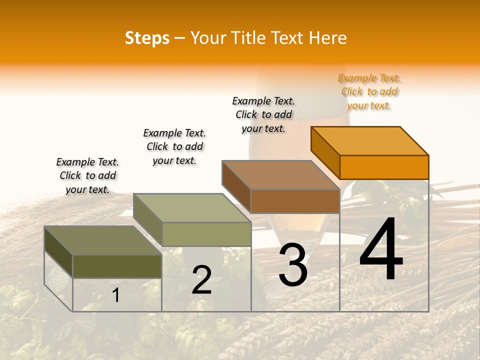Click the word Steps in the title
point(147,38)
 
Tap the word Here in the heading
point(327,38)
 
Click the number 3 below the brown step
point(293,265)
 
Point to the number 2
point(201,280)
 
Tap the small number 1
point(115,295)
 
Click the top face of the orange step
point(370,140)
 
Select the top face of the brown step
point(281,175)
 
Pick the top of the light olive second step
point(192,208)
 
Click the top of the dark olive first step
point(103,240)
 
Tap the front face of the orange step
point(384,167)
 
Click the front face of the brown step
point(295,201)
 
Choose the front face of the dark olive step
point(117,266)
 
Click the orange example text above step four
point(369,92)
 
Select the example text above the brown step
point(263,114)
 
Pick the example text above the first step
point(87,175)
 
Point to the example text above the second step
point(174,146)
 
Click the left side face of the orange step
point(325,152)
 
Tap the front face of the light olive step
point(206,233)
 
